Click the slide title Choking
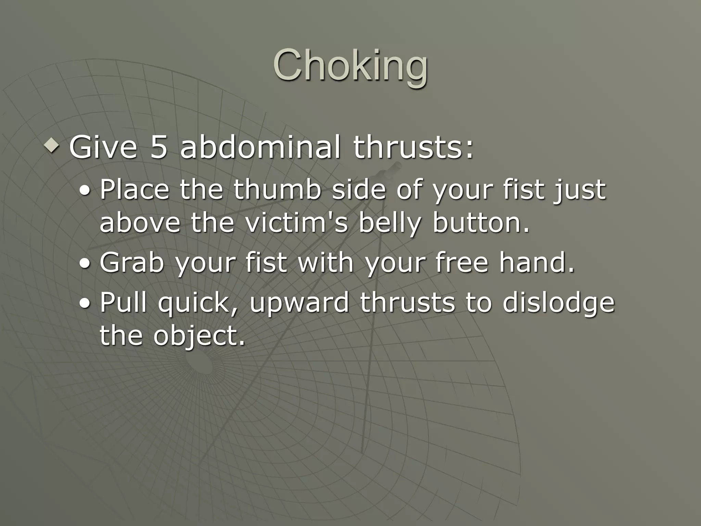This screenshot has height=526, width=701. point(350,65)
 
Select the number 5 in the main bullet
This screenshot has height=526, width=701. point(159,147)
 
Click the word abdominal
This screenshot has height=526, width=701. point(260,147)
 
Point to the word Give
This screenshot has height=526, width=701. point(103,147)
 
